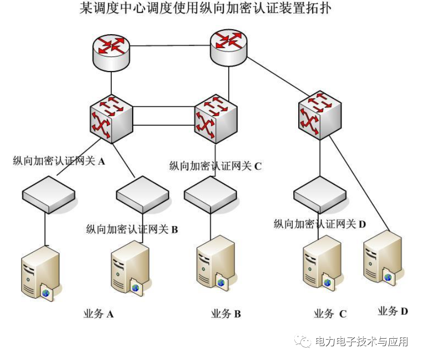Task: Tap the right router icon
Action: coord(229,46)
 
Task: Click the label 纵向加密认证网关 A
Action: coord(59,161)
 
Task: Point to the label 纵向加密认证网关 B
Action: coord(132,229)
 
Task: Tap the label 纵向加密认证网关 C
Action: coord(215,166)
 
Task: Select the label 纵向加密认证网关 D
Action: coord(320,224)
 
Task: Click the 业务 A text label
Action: coord(98,314)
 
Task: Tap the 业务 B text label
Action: coord(226,314)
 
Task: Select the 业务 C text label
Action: coord(330,314)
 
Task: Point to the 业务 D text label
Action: coord(393,311)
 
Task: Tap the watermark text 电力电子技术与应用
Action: coord(361,342)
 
